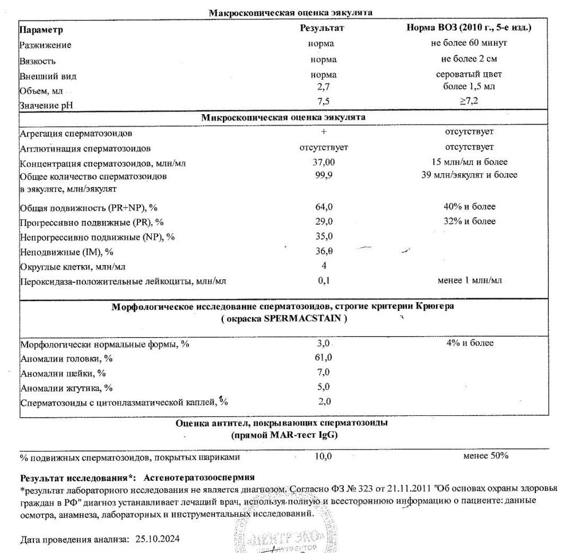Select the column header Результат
[323, 28]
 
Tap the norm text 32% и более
[464, 221]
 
